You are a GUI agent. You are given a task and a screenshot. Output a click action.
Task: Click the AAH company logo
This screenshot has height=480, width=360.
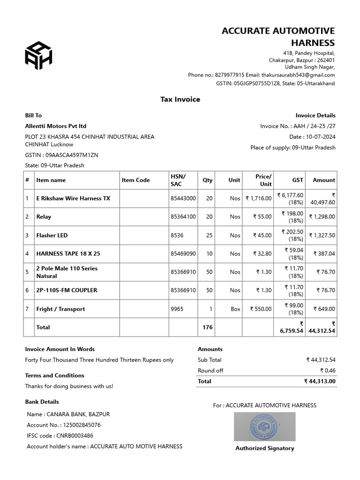(38, 55)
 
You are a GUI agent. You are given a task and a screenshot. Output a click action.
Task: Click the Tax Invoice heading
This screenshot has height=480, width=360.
(180, 99)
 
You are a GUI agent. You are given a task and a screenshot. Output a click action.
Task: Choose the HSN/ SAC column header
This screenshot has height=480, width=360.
(178, 180)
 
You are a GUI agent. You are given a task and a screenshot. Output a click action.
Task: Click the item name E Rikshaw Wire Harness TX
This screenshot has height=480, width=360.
(73, 198)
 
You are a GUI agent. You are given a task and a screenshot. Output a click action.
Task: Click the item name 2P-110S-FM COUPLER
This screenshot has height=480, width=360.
(67, 290)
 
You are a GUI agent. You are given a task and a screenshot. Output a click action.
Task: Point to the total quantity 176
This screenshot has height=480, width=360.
(207, 327)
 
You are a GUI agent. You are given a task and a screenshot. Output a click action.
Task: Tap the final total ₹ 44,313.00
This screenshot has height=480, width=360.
(320, 382)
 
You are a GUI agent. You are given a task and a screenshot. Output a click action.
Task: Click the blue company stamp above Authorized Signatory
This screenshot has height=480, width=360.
(265, 427)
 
